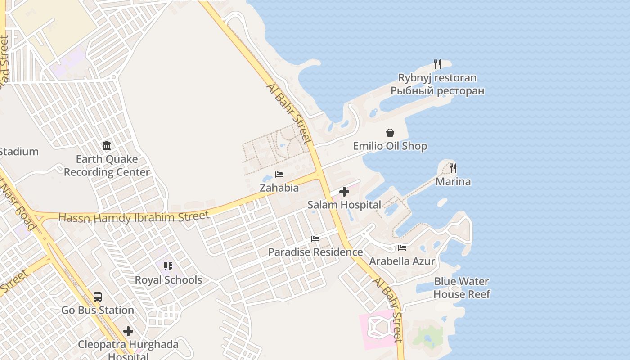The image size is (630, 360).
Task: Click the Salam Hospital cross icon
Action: click(344, 192)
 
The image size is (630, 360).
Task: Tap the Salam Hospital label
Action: click(344, 205)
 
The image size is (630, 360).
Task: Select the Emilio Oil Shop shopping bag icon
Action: click(390, 133)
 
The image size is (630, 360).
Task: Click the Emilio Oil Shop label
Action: click(390, 146)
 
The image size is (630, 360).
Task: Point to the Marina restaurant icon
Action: click(453, 168)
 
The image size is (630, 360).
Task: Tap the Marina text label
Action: click(453, 182)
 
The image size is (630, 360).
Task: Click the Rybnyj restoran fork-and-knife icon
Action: click(437, 64)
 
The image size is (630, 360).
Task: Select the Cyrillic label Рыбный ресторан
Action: click(437, 91)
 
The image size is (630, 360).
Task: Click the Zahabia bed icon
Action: click(279, 175)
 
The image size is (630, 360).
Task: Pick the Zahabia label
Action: click(279, 188)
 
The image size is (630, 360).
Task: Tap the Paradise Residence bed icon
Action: click(315, 239)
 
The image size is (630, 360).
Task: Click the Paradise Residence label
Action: click(315, 252)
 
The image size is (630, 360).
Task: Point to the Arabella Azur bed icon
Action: click(402, 248)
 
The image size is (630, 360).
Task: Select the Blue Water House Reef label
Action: click(462, 288)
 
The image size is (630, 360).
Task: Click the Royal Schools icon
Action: click(168, 266)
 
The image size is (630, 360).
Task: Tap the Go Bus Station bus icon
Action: click(98, 297)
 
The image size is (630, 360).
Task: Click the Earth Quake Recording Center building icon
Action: click(107, 146)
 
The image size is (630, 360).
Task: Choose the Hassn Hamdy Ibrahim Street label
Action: click(134, 217)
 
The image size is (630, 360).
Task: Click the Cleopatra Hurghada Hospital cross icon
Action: click(128, 332)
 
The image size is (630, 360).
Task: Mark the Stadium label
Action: click(18, 152)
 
